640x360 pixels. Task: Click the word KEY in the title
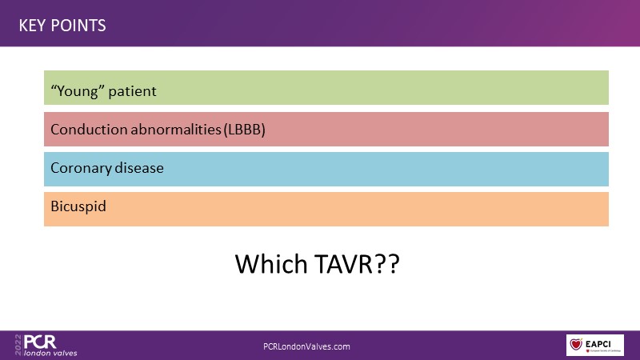(x=32, y=26)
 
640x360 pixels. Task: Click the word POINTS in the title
(x=78, y=26)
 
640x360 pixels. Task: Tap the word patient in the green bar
(x=132, y=91)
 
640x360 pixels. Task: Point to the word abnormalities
(x=176, y=130)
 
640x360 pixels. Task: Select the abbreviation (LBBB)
(x=244, y=130)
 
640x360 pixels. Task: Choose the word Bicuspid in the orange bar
(x=78, y=206)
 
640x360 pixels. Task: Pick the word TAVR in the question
(x=343, y=264)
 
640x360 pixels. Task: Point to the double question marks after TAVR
(x=387, y=264)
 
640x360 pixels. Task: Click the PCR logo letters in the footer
(x=40, y=342)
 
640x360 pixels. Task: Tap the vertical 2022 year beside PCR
(x=18, y=345)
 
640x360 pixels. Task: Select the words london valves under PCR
(x=50, y=353)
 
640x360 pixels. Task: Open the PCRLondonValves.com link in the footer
(x=306, y=346)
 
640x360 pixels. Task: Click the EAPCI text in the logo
(x=598, y=344)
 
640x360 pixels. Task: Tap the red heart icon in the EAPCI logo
(x=576, y=345)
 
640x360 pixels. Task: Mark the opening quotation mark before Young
(x=54, y=86)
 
